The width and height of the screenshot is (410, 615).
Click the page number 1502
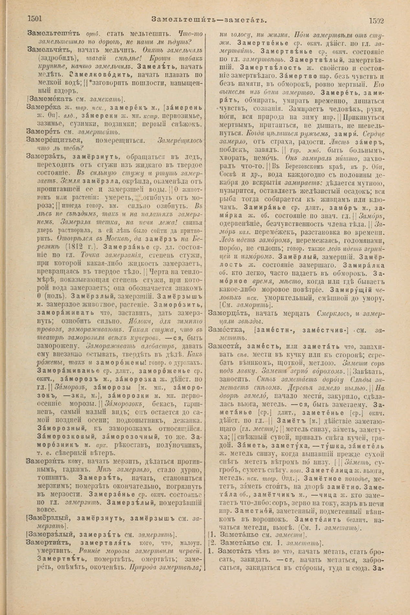pos(376,21)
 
